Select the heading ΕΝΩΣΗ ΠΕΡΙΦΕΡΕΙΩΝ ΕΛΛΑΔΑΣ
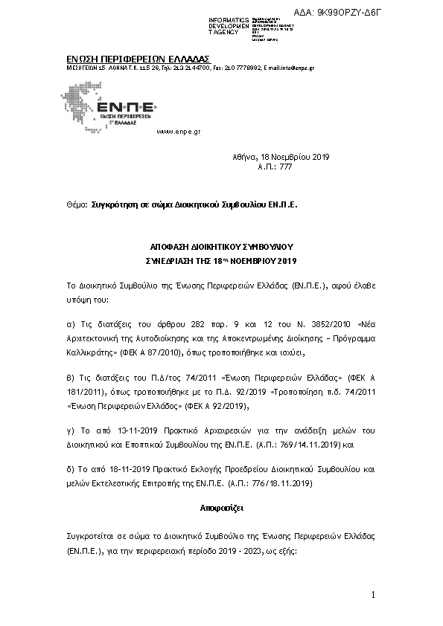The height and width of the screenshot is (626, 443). [x=133, y=59]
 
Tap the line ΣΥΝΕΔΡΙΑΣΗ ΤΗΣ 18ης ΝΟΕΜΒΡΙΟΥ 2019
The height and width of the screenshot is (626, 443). [x=221, y=261]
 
